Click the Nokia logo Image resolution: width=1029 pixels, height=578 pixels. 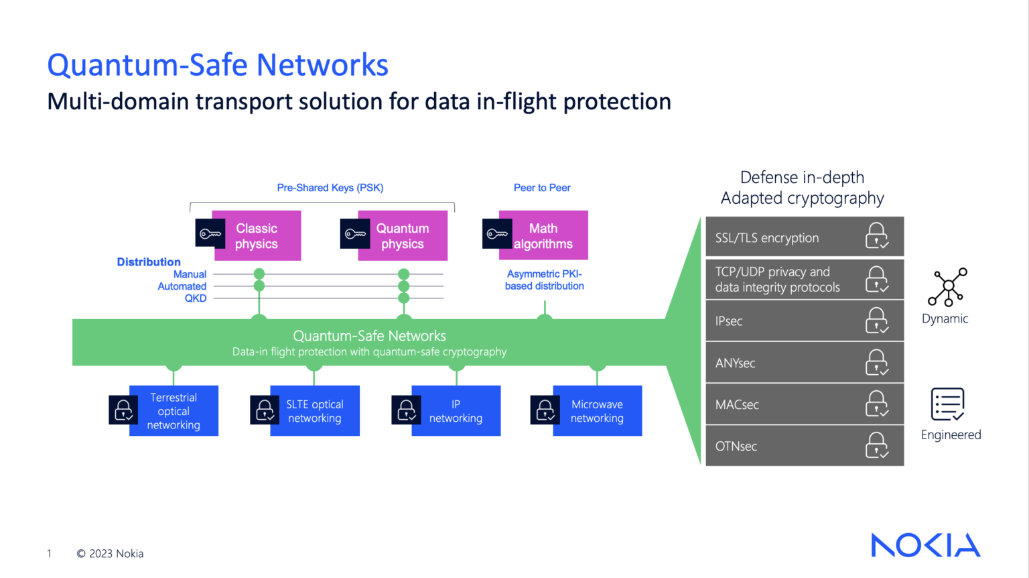[925, 545]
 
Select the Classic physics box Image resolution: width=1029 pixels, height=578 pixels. [257, 236]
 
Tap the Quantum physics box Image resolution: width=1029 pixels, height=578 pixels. [402, 236]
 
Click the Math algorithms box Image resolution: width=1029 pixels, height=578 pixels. [543, 236]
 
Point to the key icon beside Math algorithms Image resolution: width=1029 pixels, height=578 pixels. [497, 234]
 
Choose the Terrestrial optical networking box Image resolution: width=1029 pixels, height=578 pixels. [174, 411]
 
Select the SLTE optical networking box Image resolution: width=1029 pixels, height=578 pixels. [315, 411]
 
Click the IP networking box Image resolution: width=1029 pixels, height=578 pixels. [456, 411]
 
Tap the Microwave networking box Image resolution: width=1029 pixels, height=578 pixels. [597, 411]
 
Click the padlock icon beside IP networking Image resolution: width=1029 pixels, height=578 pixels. [407, 410]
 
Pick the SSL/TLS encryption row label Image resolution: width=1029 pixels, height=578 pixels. [767, 238]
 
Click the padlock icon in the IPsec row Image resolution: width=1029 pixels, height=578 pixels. [876, 321]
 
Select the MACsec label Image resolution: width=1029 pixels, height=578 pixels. [737, 405]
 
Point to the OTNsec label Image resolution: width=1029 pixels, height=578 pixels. [736, 447]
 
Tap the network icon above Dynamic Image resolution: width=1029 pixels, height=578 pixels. [947, 287]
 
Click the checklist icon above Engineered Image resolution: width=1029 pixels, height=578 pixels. [947, 405]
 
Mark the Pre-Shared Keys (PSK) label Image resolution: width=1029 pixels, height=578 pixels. [330, 188]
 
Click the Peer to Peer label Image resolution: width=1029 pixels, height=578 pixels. [542, 188]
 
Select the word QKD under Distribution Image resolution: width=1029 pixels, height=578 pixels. [196, 298]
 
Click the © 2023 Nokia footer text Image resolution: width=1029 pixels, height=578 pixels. [110, 554]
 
